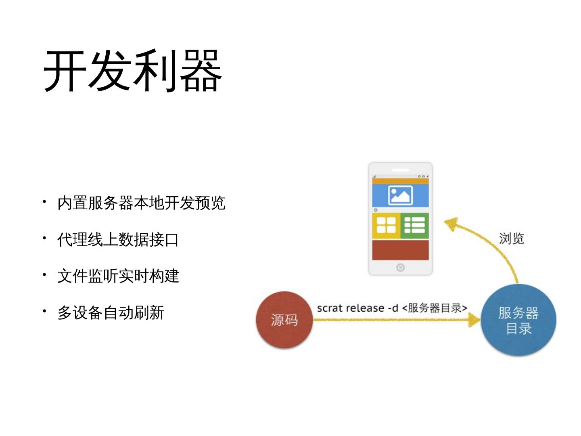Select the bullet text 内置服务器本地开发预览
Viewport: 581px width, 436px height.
pyautogui.click(x=141, y=203)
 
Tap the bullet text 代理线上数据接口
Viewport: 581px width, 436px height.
pyautogui.click(x=118, y=240)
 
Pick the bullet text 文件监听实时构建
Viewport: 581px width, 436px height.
pyautogui.click(x=118, y=276)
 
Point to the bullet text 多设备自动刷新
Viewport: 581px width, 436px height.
pyautogui.click(x=111, y=313)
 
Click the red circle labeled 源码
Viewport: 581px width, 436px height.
pyautogui.click(x=284, y=320)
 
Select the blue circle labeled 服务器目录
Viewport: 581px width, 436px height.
pyautogui.click(x=518, y=320)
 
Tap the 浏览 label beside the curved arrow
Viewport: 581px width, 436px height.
pyautogui.click(x=511, y=239)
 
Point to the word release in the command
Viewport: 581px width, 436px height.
pyautogui.click(x=365, y=308)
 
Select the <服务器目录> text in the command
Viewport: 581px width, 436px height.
pyautogui.click(x=435, y=308)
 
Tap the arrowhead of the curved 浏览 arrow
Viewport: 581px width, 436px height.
pyautogui.click(x=450, y=223)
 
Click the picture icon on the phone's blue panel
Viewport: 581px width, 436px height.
pyautogui.click(x=400, y=195)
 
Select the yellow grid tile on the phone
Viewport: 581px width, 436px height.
pyautogui.click(x=386, y=225)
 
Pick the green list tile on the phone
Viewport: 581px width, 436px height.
pyautogui.click(x=414, y=225)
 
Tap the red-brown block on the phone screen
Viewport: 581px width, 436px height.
pyautogui.click(x=400, y=249)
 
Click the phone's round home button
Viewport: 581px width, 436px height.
pyautogui.click(x=400, y=267)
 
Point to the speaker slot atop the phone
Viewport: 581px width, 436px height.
pyautogui.click(x=400, y=170)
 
